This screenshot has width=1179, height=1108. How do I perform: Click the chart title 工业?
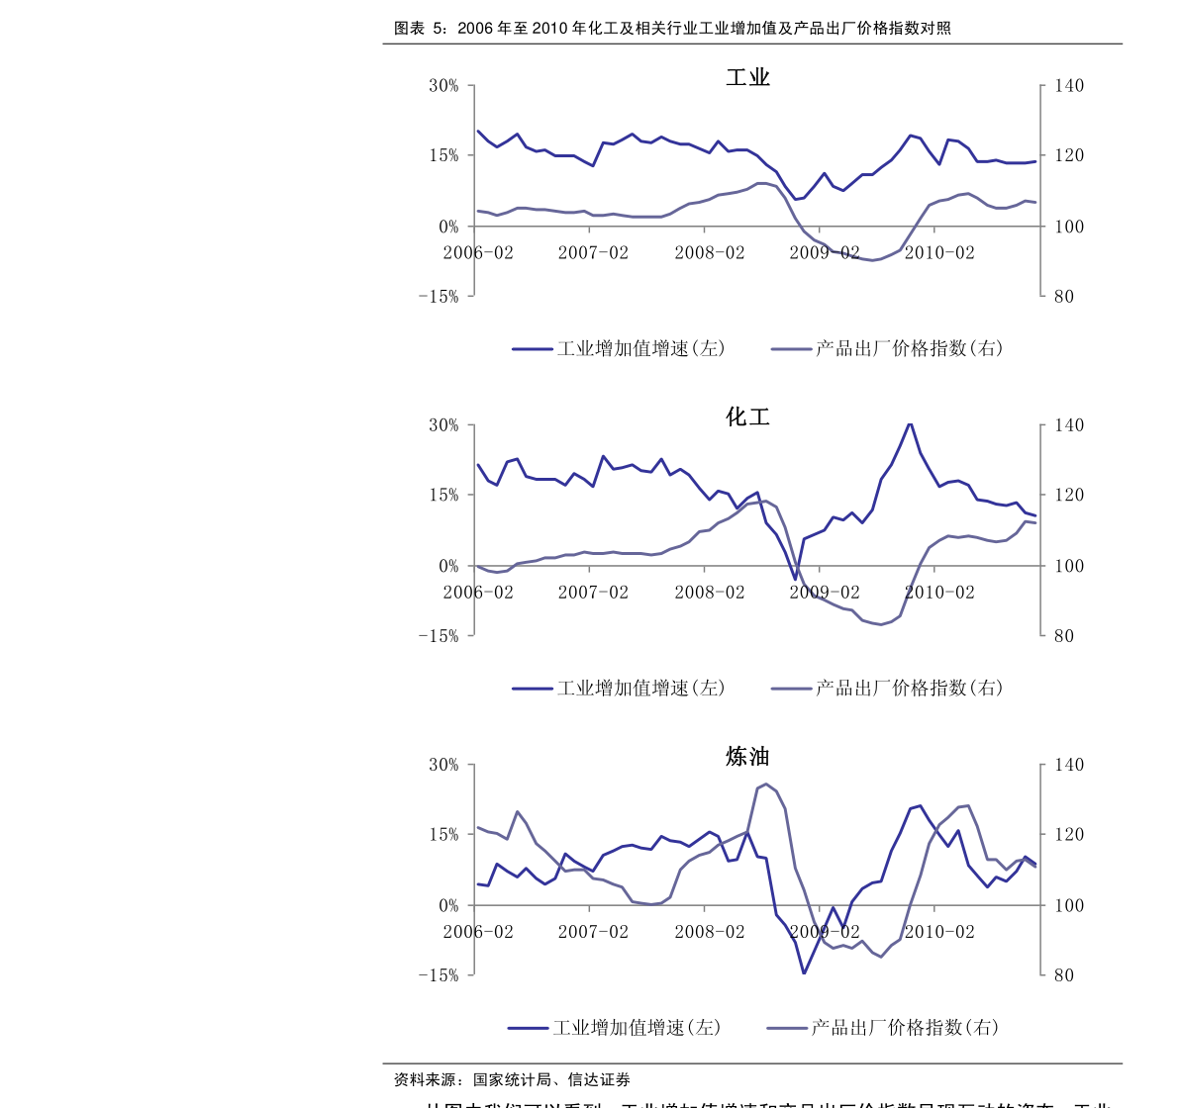tap(747, 77)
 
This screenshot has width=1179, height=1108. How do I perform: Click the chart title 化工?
tap(747, 416)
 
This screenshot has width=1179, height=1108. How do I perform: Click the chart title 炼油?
tap(747, 757)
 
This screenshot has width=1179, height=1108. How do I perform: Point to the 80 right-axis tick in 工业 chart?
tap(1064, 296)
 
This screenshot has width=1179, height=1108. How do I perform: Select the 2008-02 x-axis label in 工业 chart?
tap(709, 252)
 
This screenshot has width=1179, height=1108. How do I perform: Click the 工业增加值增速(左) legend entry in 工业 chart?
tap(620, 348)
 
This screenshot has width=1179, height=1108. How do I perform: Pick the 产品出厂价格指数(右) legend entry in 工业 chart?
tap(888, 348)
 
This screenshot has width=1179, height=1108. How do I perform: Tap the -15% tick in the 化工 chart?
tap(438, 636)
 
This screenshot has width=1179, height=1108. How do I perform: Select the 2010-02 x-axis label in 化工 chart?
tap(938, 592)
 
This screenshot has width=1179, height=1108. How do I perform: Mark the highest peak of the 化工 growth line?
tap(910, 424)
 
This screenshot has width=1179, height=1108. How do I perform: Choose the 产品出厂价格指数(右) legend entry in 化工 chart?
tap(888, 688)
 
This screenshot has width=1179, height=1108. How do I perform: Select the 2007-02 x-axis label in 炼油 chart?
tap(593, 932)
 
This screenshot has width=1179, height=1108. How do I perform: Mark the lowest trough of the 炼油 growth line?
tap(804, 972)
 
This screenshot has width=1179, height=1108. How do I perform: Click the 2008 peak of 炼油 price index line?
tap(766, 785)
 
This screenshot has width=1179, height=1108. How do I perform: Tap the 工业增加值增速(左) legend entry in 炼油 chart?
tap(616, 1028)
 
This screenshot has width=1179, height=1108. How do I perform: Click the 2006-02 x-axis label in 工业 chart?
tap(478, 252)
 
